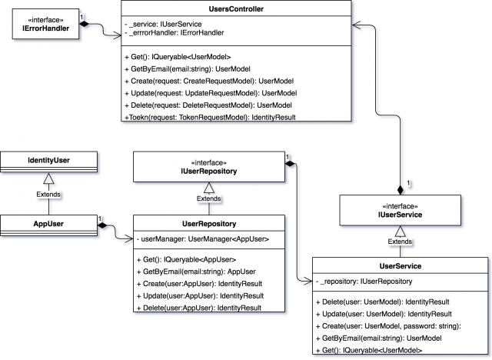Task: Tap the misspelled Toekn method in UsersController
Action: (x=209, y=116)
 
